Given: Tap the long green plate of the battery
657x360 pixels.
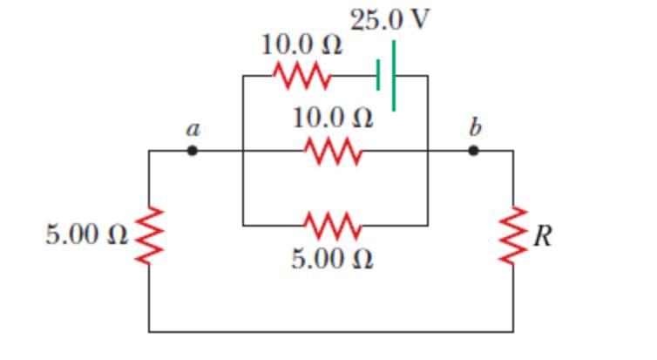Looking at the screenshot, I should pyautogui.click(x=394, y=76).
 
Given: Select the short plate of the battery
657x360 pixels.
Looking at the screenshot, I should pyautogui.click(x=378, y=76).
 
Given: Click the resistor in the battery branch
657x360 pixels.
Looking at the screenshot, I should pyautogui.click(x=301, y=76).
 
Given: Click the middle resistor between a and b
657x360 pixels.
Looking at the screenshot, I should pyautogui.click(x=334, y=151).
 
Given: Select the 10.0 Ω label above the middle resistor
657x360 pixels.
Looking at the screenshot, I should pyautogui.click(x=334, y=118).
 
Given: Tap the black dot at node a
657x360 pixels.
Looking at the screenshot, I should pyautogui.click(x=193, y=151).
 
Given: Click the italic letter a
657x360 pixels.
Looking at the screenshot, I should pyautogui.click(x=193, y=129).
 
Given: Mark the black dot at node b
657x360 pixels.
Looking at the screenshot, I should pyautogui.click(x=473, y=151).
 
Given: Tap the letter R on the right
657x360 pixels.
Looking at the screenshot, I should pyautogui.click(x=542, y=235).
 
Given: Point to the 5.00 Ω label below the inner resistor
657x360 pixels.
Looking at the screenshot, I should pyautogui.click(x=332, y=260).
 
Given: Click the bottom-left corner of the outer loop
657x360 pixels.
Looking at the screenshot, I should pyautogui.click(x=149, y=331).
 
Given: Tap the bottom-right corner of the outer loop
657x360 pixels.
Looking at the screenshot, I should pyautogui.click(x=512, y=331).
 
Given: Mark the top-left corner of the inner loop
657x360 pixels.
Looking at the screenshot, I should pyautogui.click(x=243, y=76).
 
